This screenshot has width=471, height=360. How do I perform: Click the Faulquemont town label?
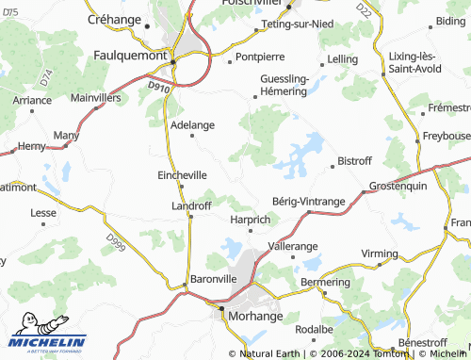(129, 55)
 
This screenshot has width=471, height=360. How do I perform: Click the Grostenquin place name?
(398, 186)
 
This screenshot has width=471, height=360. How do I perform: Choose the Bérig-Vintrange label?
(308, 202)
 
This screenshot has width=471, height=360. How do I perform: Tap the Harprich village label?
(251, 219)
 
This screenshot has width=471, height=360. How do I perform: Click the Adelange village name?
(192, 123)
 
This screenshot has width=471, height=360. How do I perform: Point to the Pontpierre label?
(258, 57)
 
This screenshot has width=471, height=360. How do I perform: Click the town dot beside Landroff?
(191, 216)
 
